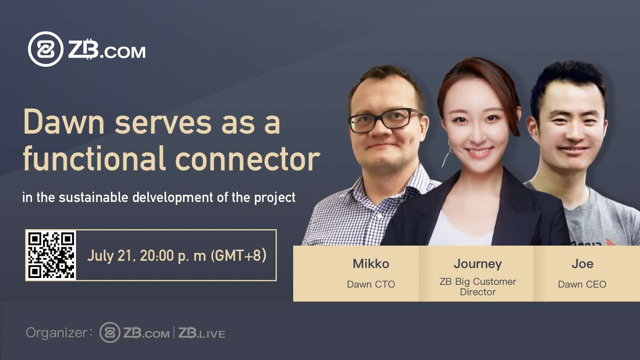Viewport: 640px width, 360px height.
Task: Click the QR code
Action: (52, 255)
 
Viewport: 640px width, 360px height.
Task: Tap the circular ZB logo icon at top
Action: (46, 49)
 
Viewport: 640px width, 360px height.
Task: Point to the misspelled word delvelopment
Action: (173, 197)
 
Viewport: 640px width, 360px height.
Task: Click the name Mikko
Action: (371, 264)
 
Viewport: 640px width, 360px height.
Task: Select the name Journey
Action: (478, 264)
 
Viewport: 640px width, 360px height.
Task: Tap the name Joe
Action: (582, 264)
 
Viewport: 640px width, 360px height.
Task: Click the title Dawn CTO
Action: (371, 284)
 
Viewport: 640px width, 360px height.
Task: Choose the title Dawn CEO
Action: (582, 284)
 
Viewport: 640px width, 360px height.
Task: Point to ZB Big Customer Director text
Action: (478, 286)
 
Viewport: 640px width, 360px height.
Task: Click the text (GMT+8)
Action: (238, 255)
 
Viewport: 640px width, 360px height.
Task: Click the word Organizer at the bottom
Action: (56, 333)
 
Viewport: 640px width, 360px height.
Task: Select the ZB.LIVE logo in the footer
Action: (202, 333)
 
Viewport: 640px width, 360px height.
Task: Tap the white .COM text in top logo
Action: (123, 52)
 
